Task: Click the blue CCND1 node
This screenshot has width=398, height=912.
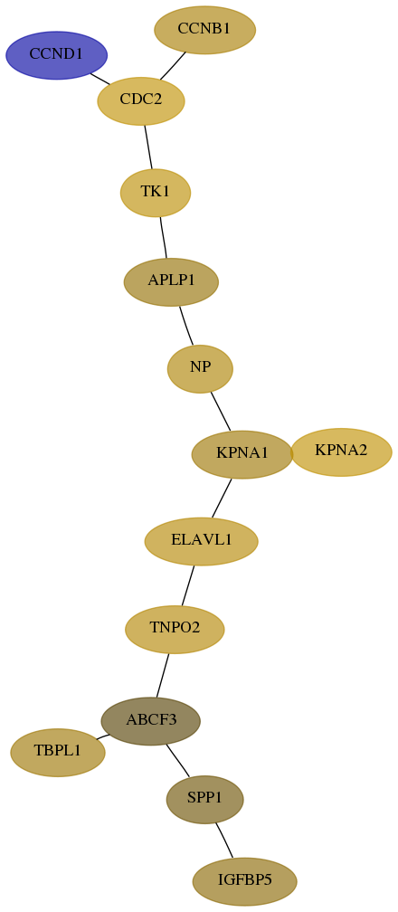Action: (x=56, y=55)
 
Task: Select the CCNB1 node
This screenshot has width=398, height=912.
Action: (x=204, y=30)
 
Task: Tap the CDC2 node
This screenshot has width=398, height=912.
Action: (x=141, y=100)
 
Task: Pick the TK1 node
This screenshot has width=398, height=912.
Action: (x=156, y=193)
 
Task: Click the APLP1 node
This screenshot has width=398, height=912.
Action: (x=171, y=281)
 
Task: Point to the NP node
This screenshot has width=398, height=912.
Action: (x=200, y=368)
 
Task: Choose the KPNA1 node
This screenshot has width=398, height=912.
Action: (x=242, y=454)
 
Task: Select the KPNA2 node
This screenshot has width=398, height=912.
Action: (x=342, y=452)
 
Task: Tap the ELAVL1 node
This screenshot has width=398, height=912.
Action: (x=202, y=541)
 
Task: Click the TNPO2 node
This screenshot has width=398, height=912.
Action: (x=175, y=629)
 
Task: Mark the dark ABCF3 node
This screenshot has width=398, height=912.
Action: (x=151, y=721)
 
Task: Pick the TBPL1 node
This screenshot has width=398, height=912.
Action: (x=58, y=752)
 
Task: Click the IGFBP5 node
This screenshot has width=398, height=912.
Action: (x=245, y=881)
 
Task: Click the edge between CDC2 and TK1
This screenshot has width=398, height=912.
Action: (x=148, y=147)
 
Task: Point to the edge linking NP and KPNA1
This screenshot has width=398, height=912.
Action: (x=221, y=412)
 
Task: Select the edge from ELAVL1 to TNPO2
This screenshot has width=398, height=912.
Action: (x=188, y=585)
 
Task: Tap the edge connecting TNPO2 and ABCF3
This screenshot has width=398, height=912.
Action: (x=162, y=675)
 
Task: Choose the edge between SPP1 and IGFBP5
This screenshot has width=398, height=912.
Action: (x=224, y=840)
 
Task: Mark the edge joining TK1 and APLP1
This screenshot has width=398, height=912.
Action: (x=164, y=237)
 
